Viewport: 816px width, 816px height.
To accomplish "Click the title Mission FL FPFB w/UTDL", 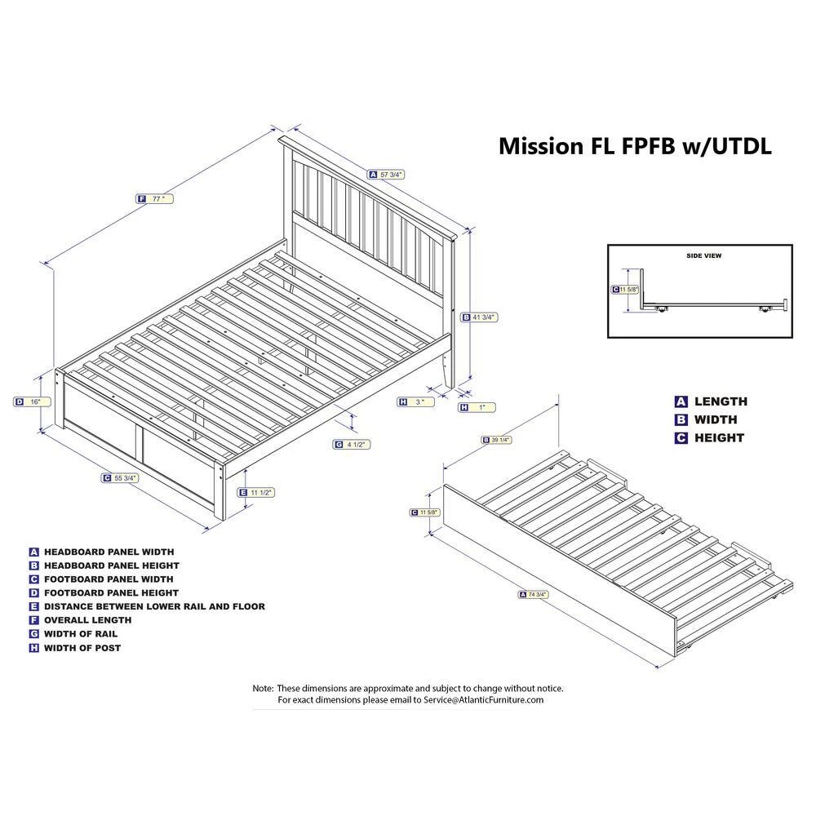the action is pos(635,146).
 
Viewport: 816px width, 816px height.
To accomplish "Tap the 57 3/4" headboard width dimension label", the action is pos(386,175).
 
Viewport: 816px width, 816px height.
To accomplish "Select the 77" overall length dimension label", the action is pos(154,199).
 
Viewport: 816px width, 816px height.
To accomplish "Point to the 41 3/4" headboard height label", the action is pos(479,317).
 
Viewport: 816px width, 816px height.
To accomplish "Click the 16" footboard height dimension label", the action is pos(33,401).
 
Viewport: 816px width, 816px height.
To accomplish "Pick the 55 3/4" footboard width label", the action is pos(120,477).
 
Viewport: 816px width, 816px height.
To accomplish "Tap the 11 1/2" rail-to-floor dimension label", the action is pos(255,492).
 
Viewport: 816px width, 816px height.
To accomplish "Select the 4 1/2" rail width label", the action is pos(352,445).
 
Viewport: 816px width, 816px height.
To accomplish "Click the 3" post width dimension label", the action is pos(416,401).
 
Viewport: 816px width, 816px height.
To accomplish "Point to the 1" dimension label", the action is pos(477,407).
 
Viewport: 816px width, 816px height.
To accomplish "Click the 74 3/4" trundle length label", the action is pos(534,594).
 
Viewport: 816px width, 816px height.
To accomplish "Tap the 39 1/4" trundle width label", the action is pos(496,441).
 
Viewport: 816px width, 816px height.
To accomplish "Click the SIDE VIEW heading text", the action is pos(703,255).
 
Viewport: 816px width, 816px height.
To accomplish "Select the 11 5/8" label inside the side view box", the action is pos(625,290).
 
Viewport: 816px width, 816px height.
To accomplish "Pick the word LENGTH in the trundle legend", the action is pos(721,401).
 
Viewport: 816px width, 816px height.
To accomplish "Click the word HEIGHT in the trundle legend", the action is pos(719,437).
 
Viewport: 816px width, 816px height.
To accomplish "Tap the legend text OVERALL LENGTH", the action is pos(87,620).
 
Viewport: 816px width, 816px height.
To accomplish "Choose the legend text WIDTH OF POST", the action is pos(82,648).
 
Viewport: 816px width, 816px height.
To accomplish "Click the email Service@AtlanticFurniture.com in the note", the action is pos(483,700).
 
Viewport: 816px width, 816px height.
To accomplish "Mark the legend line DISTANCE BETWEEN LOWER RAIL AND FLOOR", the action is pos(154,606).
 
